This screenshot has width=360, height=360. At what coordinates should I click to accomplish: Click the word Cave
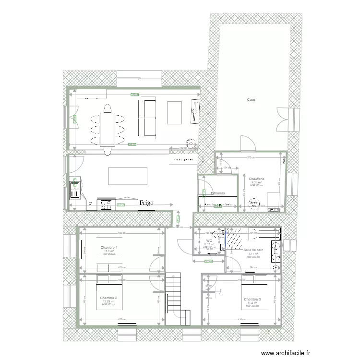click(x=251, y=100)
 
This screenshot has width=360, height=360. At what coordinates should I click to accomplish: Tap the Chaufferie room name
click(x=257, y=179)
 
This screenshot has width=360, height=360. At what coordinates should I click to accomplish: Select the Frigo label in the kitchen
click(x=147, y=203)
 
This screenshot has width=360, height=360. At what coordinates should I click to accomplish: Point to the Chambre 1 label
click(x=109, y=247)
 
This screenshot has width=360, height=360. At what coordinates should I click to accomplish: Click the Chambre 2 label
click(x=109, y=298)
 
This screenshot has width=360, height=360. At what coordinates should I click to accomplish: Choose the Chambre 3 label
click(x=252, y=299)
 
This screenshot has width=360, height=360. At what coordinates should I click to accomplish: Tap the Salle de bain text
click(x=253, y=250)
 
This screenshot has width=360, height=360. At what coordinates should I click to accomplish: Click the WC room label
click(x=209, y=240)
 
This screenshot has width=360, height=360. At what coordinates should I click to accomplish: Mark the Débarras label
click(x=218, y=193)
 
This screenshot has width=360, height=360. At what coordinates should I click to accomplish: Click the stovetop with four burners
click(x=107, y=205)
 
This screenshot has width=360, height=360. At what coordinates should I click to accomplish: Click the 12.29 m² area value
click(x=108, y=301)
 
